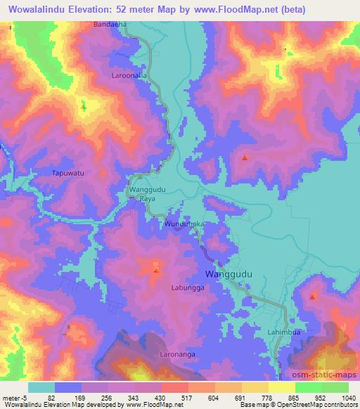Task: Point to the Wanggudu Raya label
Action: coord(147,194)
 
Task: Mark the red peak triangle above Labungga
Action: coord(156,270)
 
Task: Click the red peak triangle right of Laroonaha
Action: coord(245,157)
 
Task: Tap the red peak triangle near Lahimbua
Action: coord(312,297)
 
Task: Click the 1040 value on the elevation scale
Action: coord(349,398)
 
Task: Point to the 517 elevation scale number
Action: coord(188,398)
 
